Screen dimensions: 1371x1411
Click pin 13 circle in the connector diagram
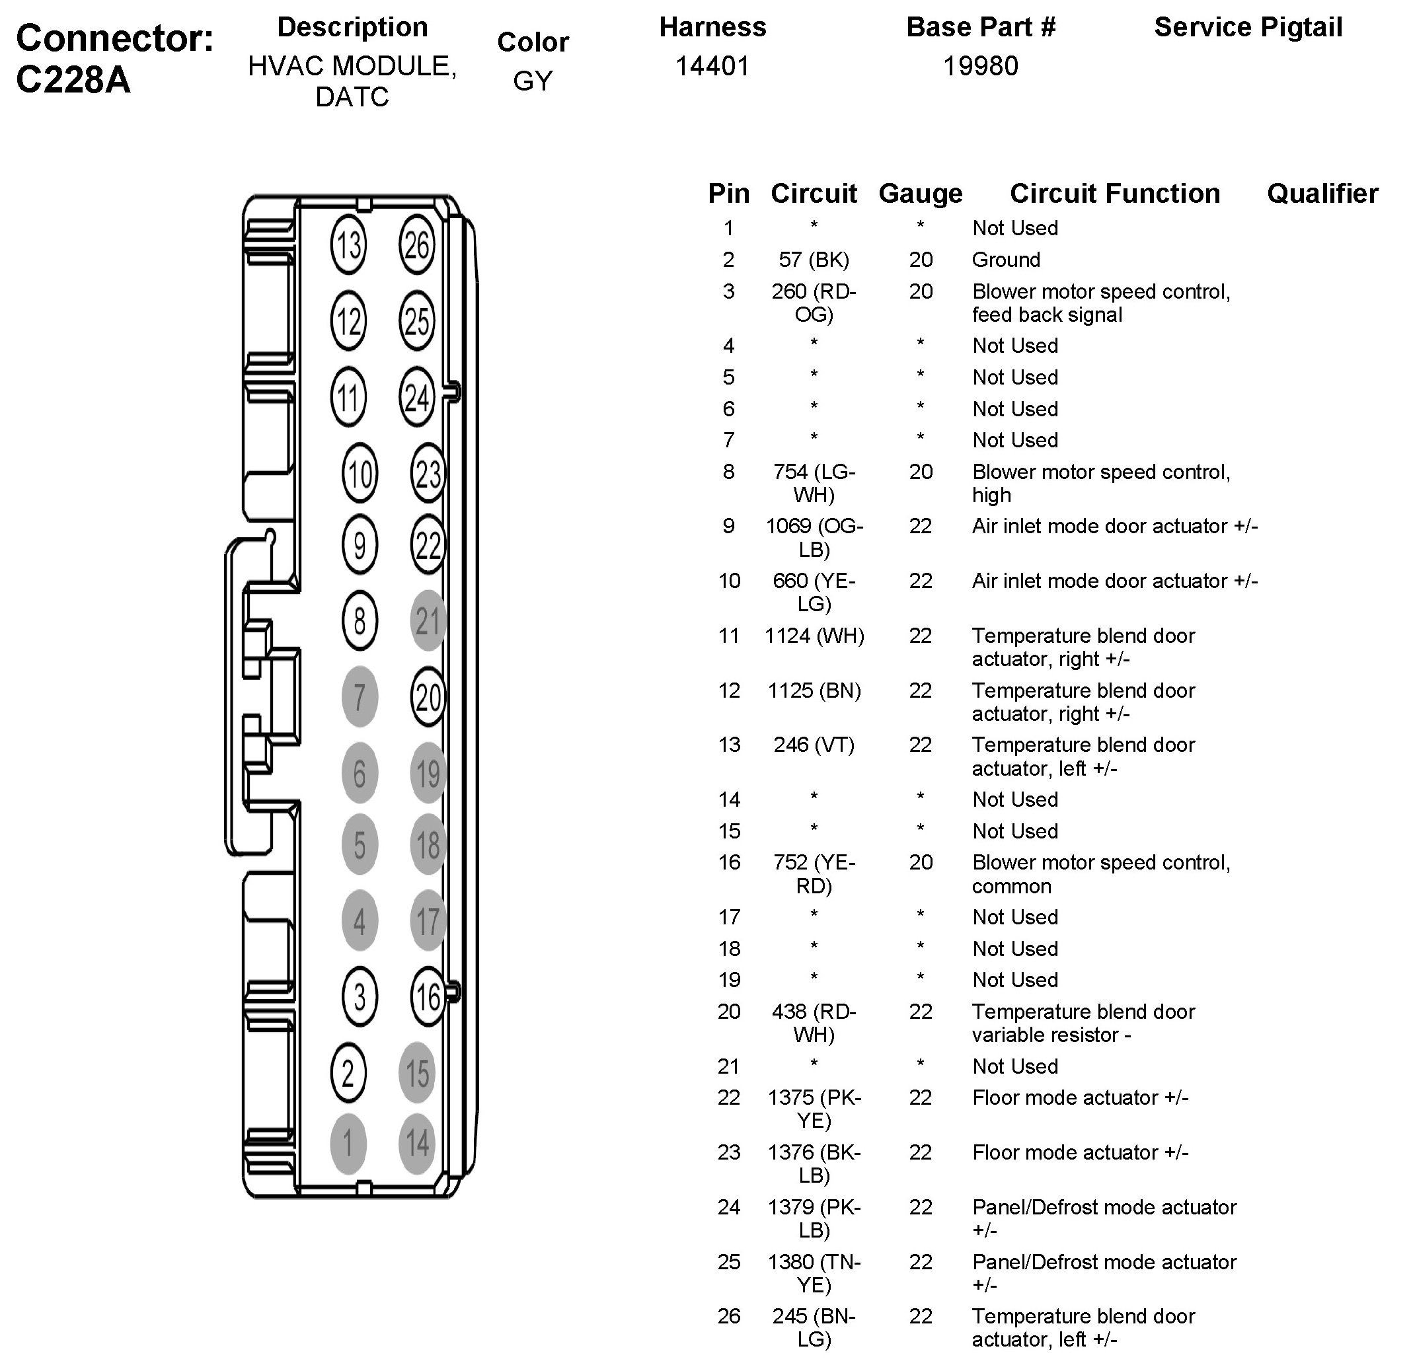pos(348,245)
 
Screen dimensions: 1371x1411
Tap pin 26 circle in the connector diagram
pos(417,245)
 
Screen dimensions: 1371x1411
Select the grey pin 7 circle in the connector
pos(360,697)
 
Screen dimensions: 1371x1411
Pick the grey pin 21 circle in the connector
pos(428,620)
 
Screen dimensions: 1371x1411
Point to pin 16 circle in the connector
pos(428,997)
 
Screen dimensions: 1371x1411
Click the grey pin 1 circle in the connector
pos(348,1144)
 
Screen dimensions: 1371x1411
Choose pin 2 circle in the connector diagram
pos(348,1073)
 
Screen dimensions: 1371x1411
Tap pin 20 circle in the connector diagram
pos(428,697)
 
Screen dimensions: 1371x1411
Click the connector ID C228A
pos(73,79)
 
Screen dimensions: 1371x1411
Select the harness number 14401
pos(712,66)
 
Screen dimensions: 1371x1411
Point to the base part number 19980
pos(980,66)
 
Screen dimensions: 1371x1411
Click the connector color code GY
pos(533,81)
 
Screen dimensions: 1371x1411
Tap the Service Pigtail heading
pos(1248,27)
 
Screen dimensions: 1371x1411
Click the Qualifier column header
pos(1322,193)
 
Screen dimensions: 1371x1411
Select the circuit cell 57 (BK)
pos(814,259)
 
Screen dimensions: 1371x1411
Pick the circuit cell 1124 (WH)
pos(814,636)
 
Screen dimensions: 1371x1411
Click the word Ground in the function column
pos(1007,259)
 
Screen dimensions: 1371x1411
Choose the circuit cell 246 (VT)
pos(814,745)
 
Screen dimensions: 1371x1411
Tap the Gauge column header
pos(921,193)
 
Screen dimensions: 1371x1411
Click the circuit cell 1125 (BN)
pos(814,690)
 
